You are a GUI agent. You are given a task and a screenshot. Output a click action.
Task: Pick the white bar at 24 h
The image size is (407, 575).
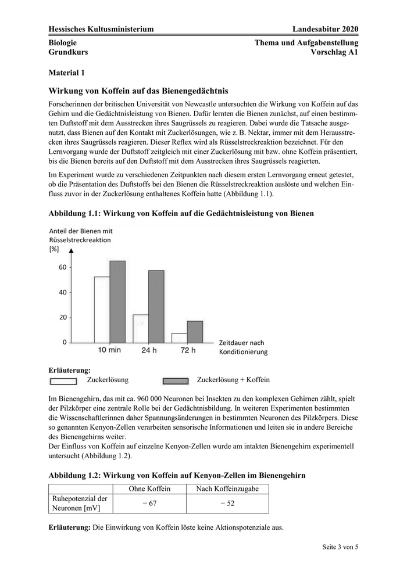pos(141,329)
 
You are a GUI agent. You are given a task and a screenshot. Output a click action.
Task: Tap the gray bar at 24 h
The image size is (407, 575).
pos(156,307)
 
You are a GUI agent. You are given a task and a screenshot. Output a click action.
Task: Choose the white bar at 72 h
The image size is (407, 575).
pos(179,337)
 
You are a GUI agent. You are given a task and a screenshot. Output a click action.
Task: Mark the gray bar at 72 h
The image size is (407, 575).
pos(195,332)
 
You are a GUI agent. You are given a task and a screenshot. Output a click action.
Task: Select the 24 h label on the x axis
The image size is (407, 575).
pos(148,350)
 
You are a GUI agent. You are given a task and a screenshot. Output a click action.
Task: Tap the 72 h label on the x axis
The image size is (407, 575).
pos(187,350)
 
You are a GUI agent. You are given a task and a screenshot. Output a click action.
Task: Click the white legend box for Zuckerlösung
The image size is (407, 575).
pos(63,382)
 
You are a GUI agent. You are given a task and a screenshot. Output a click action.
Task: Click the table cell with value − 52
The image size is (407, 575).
pos(228,504)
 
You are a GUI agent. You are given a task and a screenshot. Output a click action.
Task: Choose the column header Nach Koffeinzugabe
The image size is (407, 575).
pos(228,488)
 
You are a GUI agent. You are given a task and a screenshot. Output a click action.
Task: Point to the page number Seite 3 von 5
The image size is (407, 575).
pos(340,547)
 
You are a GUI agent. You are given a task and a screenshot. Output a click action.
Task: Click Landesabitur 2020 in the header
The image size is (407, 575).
pos(326,29)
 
